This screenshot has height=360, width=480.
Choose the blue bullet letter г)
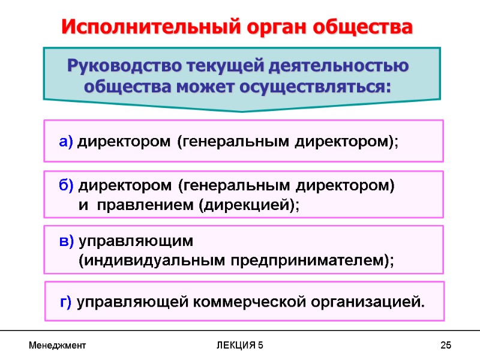coord(67,302)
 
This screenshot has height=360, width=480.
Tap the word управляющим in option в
coord(136,241)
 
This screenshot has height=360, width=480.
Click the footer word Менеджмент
coord(57,346)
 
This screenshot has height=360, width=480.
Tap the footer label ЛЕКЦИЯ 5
coord(240,346)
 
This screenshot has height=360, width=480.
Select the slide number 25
coord(445,346)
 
